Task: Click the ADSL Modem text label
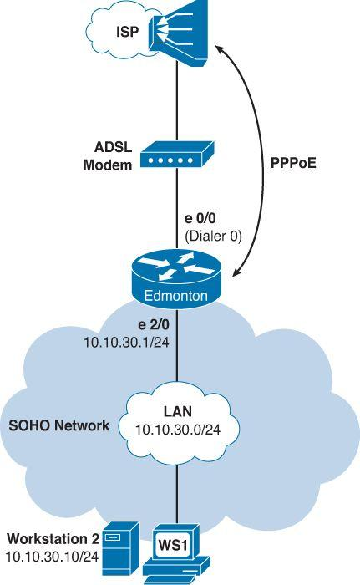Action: coord(108,156)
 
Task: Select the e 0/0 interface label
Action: coord(202,220)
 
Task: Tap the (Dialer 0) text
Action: coord(213,236)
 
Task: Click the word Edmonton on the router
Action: coord(176,296)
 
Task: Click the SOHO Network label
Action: coord(58,426)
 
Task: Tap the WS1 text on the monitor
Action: coord(176,545)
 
